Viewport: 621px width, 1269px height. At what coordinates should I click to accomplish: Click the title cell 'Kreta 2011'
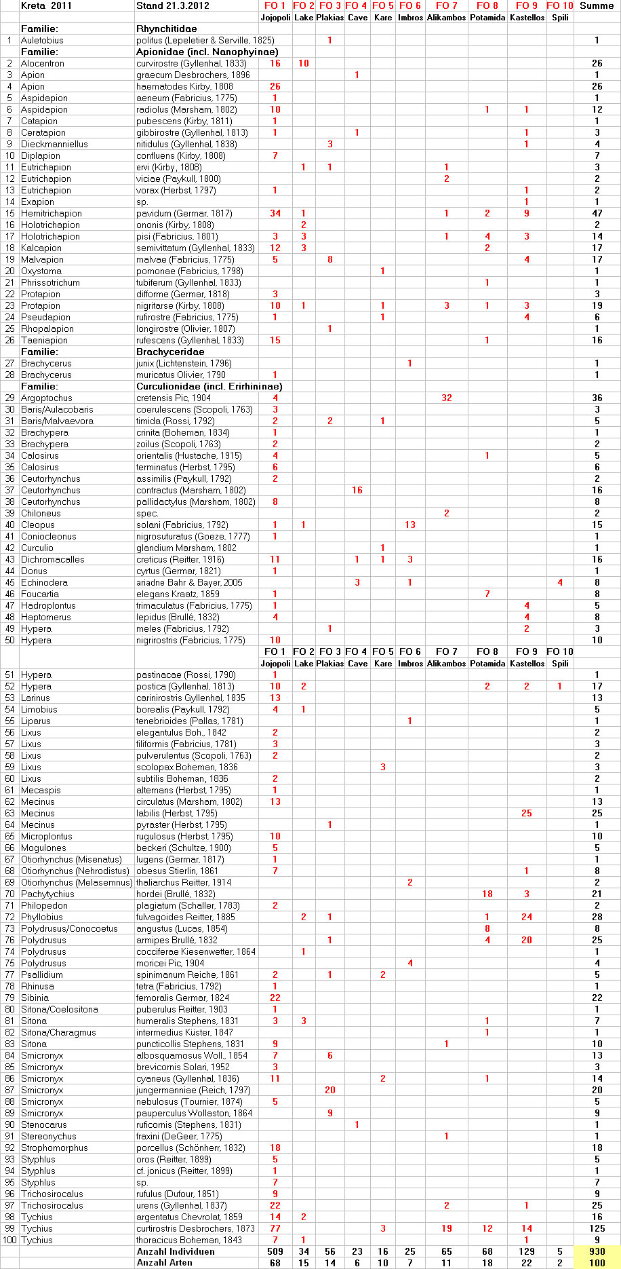click(46, 5)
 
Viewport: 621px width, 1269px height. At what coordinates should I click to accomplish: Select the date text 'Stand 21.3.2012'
click(172, 5)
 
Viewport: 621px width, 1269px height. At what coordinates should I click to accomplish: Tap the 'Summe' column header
click(597, 5)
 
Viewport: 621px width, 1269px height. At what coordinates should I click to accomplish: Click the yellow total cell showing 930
click(597, 1251)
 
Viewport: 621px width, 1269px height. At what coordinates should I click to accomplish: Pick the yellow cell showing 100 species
click(597, 1263)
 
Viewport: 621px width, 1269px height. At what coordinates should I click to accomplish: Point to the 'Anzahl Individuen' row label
click(176, 1251)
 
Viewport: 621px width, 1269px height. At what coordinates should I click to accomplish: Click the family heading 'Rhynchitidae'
click(167, 29)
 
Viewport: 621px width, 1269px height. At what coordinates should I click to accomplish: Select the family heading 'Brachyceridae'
click(170, 352)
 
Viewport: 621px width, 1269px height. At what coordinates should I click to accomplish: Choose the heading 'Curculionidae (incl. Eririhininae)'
click(209, 386)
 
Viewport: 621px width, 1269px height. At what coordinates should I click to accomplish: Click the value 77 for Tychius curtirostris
click(275, 1228)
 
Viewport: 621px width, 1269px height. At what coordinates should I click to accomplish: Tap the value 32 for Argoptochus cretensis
click(446, 398)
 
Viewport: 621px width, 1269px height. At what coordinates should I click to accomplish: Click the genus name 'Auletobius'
click(42, 40)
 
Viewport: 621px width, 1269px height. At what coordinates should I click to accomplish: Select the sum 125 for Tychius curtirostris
click(597, 1228)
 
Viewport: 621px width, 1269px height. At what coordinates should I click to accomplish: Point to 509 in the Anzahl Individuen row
click(275, 1251)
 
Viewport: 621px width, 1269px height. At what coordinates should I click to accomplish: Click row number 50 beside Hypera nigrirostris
click(9, 640)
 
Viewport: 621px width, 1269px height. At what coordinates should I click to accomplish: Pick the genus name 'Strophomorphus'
click(54, 1148)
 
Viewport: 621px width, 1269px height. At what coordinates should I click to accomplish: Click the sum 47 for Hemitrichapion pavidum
click(597, 213)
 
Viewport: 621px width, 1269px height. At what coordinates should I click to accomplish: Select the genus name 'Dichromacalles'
click(53, 559)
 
